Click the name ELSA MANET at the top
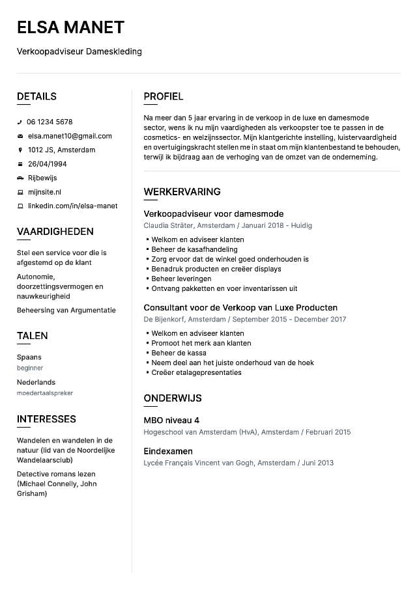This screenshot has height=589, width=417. click(70, 27)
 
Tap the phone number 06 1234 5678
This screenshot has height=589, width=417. click(50, 122)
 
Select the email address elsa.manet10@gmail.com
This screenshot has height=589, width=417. click(69, 136)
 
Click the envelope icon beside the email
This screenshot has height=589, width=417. click(20, 136)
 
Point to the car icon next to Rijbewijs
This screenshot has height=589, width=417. click(20, 178)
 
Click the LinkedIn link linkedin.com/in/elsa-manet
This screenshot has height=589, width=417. click(72, 206)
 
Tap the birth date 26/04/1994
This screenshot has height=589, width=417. click(47, 164)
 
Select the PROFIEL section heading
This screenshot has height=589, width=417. click(164, 96)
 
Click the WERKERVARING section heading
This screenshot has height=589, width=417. click(182, 191)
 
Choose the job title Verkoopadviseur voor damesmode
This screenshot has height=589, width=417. click(213, 213)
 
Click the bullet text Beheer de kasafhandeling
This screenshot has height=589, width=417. click(194, 249)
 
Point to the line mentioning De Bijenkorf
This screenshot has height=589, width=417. click(245, 320)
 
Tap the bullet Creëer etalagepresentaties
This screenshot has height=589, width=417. click(196, 372)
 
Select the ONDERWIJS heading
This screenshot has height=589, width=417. click(173, 398)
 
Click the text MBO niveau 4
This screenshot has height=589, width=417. click(171, 420)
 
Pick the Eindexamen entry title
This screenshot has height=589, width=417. click(168, 451)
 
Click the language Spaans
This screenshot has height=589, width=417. click(29, 357)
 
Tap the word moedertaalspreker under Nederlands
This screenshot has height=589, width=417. click(45, 393)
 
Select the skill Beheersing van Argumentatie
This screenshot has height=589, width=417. click(66, 310)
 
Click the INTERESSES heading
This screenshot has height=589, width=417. click(46, 419)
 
